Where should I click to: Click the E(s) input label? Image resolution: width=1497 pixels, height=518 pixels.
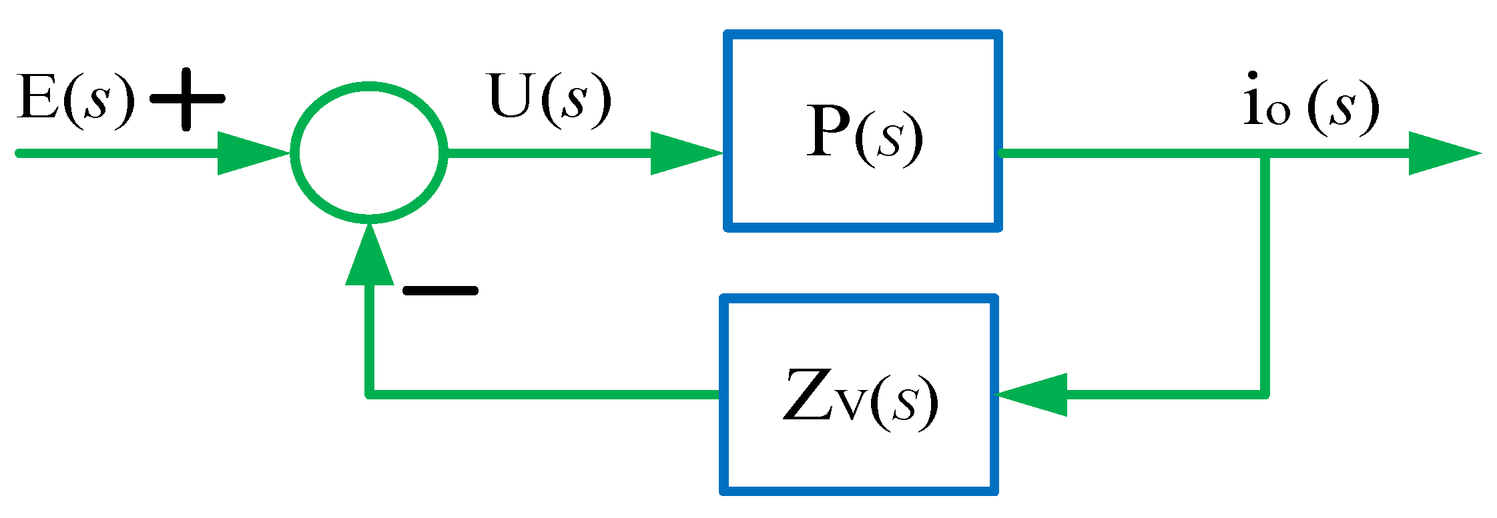[x=75, y=100]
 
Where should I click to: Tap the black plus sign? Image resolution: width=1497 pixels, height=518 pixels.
[x=187, y=99]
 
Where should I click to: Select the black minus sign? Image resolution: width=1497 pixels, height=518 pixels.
[x=440, y=290]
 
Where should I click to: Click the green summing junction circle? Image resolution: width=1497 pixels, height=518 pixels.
[x=369, y=153]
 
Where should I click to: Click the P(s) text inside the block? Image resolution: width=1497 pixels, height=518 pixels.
[x=864, y=133]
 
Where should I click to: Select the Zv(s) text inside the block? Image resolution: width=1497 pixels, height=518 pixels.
[x=860, y=398]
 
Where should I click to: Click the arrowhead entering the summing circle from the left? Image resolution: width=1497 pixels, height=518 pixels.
[x=250, y=153]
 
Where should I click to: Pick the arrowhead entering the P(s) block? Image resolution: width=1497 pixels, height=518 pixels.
[x=684, y=153]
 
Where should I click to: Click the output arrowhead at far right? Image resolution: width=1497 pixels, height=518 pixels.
[x=1442, y=153]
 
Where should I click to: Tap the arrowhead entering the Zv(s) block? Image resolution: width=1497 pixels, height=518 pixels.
[x=1031, y=395]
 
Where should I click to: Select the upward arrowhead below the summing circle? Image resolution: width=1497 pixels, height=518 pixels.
[x=369, y=257]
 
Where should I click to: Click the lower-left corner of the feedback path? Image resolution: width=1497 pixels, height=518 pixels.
[x=369, y=395]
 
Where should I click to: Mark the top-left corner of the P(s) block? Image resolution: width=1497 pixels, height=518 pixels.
[x=728, y=34]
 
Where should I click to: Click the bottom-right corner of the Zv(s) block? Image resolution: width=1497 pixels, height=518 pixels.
[x=994, y=492]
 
